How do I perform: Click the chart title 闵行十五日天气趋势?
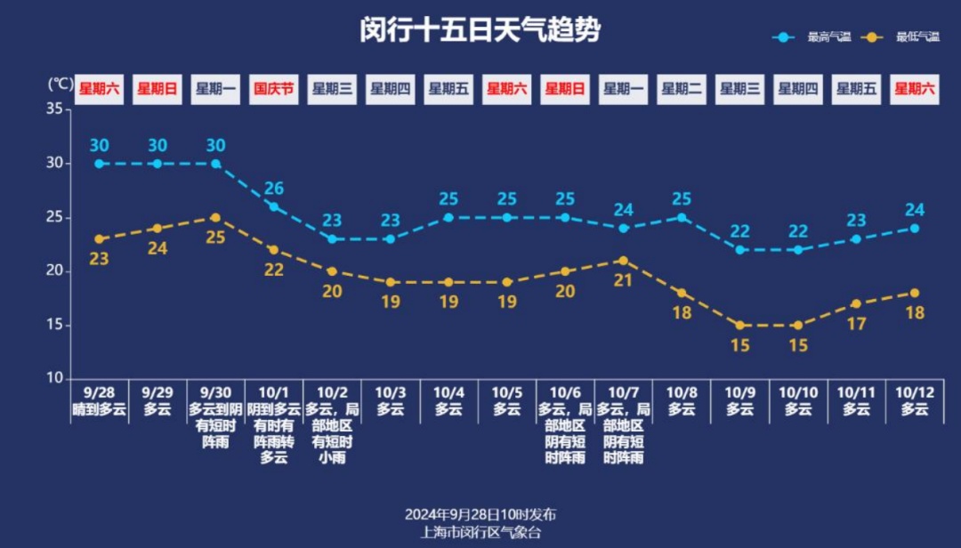pos(480,30)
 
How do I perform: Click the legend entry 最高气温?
pos(828,37)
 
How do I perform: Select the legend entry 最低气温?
pos(917,37)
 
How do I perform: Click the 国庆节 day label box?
pos(273,89)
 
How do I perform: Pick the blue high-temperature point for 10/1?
pos(273,206)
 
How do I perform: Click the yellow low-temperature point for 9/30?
pos(215,217)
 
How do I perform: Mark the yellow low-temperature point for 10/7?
pos(623,261)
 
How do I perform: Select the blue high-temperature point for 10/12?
pos(915,229)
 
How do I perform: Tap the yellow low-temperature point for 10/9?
pos(739,325)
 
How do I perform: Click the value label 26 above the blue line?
pos(273,188)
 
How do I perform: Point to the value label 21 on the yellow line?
pos(623,280)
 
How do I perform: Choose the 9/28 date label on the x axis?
pos(99,391)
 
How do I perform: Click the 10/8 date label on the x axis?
pos(681,391)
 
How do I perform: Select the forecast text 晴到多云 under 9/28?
pos(99,409)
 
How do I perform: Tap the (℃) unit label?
pos(61,84)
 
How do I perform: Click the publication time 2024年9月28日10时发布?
pos(480,514)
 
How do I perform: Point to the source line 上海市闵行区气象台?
pos(480,532)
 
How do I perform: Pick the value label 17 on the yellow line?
pos(856,324)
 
